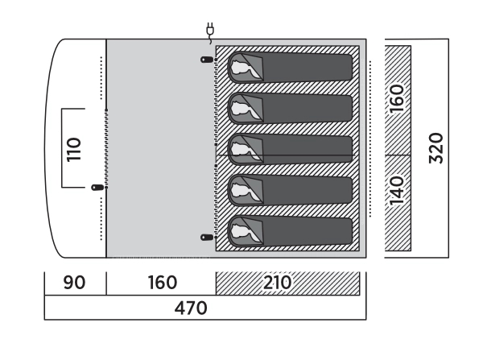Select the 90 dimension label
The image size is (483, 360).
coord(75,283)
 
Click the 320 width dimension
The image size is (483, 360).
coord(436,147)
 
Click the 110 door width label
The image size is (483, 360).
coord(74,149)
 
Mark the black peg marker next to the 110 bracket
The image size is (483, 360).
coord(98,187)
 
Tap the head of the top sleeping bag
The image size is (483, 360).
coord(244,68)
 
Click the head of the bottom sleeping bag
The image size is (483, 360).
coord(244,232)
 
